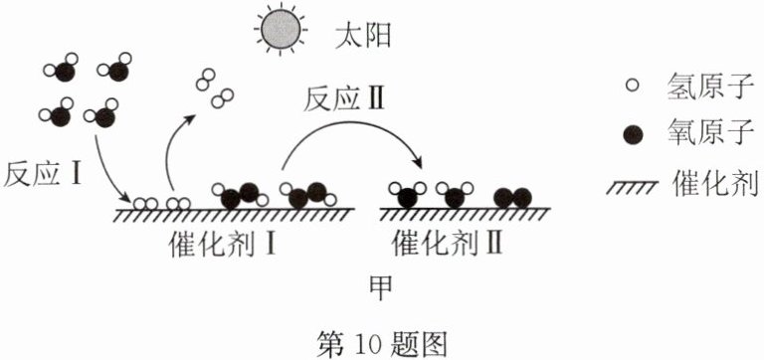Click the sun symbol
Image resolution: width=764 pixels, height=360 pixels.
[x=281, y=29]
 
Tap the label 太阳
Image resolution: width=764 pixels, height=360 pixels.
[x=363, y=36]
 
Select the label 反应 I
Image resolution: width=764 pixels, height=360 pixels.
[x=43, y=174]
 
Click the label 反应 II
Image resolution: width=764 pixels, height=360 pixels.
[x=344, y=99]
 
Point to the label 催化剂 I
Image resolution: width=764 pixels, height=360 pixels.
[x=222, y=242]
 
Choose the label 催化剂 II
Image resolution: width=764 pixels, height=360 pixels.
[x=448, y=242]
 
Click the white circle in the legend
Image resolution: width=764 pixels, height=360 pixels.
[x=632, y=86]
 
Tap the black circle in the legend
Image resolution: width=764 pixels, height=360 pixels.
[x=633, y=134]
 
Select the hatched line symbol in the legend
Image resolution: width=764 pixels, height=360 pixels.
[x=632, y=187]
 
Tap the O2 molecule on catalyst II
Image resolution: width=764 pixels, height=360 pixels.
[x=512, y=197]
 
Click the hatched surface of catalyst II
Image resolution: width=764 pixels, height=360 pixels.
[x=466, y=214]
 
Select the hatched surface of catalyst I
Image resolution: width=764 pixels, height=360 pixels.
[x=234, y=214]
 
